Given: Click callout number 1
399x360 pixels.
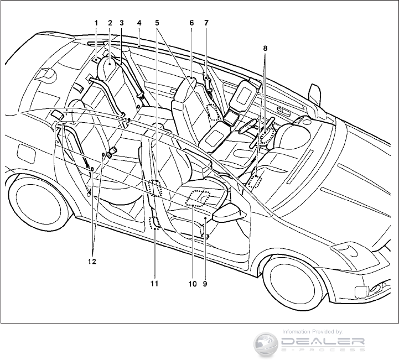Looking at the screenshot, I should (96, 23).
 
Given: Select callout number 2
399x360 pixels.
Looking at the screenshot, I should (110, 23).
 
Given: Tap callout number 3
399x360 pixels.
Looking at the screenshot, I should (121, 23).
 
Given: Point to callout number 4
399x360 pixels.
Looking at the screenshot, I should (139, 23).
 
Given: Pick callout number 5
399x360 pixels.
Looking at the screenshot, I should (157, 23).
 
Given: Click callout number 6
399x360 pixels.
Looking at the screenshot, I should (191, 23).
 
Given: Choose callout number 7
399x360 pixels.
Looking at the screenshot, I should (206, 23).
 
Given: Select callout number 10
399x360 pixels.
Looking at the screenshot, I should (191, 284).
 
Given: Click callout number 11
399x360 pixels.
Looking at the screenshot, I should (154, 284).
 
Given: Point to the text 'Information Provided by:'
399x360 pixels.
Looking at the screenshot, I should (313, 331).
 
